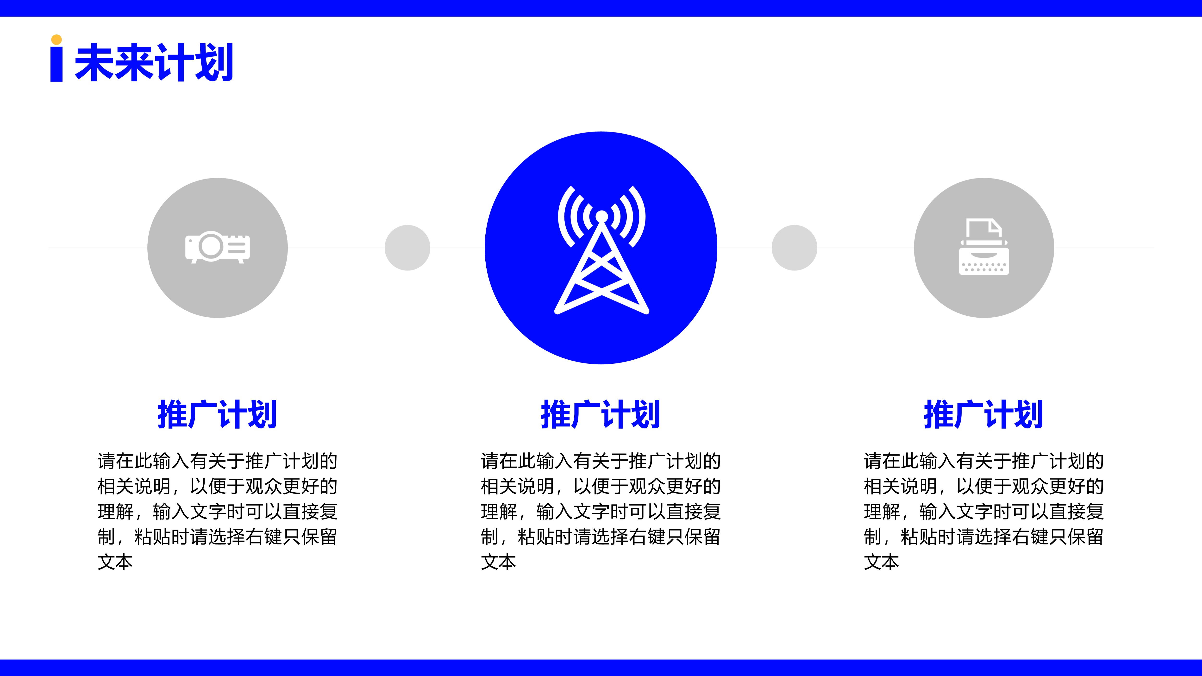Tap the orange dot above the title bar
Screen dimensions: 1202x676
[x=56, y=40]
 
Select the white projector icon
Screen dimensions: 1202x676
[x=218, y=247]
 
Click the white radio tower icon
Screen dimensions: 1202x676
[x=601, y=250]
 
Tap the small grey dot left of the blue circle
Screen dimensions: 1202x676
[x=407, y=248]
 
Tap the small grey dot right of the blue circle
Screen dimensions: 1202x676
[x=794, y=248]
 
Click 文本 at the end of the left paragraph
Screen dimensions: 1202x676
[x=115, y=562]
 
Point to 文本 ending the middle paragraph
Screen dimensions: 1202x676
[x=498, y=562]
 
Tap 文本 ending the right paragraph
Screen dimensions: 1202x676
[x=882, y=562]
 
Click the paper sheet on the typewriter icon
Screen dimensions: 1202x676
[x=984, y=229]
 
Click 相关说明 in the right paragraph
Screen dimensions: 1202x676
[x=901, y=486]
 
